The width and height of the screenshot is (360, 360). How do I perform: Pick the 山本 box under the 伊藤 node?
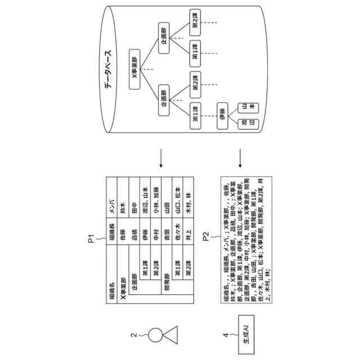[x=248, y=107]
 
